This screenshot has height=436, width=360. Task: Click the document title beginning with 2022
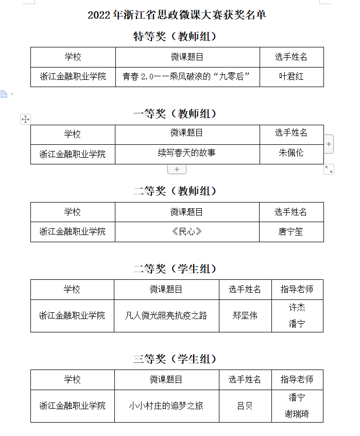(177, 15)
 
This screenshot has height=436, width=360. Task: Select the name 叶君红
(292, 77)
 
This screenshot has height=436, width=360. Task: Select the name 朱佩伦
(291, 153)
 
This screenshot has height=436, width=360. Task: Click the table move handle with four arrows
(26, 119)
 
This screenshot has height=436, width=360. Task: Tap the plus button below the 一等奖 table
(177, 170)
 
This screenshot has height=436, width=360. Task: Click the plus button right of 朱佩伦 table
(329, 144)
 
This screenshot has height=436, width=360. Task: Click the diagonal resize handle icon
(329, 170)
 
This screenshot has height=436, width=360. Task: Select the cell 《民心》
(186, 231)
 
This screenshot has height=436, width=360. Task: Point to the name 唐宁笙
(291, 231)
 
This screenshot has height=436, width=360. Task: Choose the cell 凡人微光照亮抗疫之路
(166, 315)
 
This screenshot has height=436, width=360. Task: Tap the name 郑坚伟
(245, 315)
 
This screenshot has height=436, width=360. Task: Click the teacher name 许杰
(297, 308)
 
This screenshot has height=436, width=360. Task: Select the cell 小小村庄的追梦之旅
(166, 406)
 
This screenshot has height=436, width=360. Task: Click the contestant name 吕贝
(245, 406)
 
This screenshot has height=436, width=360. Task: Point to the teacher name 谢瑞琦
(297, 414)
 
